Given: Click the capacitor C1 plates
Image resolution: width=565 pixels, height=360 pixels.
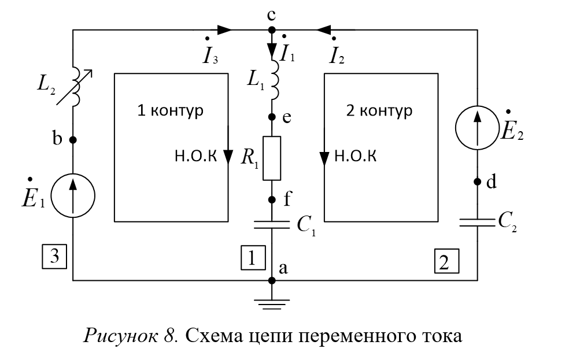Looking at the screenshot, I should point(272,225).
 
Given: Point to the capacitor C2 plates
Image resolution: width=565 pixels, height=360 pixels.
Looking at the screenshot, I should point(478,222).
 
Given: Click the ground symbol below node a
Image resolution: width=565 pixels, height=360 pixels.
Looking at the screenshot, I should point(272,301).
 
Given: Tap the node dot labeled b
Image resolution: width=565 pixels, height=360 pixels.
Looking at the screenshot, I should point(73,140).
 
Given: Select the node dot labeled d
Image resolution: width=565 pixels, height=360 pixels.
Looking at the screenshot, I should point(478,182).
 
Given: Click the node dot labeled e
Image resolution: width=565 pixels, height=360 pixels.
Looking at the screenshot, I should point(272,117).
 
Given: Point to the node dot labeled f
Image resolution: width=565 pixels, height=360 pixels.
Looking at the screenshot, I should point(272,200).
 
